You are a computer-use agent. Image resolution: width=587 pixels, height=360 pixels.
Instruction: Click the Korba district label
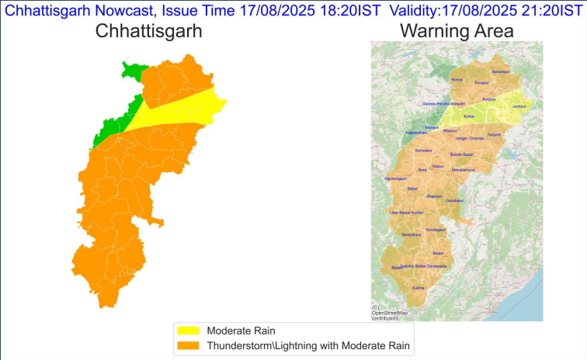468,116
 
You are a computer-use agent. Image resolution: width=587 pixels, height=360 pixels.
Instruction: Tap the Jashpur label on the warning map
519,106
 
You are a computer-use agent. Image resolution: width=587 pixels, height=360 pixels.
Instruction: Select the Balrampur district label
500,71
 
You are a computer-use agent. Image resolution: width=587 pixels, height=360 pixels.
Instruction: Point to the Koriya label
457,79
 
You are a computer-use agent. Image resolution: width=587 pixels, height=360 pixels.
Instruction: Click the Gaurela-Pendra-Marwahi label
443,103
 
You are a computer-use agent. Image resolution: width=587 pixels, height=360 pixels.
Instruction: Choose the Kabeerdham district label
416,133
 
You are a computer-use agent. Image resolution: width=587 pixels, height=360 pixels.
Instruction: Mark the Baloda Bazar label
462,154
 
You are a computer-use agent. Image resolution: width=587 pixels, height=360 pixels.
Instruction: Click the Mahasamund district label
465,170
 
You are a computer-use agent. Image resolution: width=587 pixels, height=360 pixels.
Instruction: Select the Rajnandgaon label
395,178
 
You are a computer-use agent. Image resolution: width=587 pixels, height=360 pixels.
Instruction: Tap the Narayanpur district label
412,234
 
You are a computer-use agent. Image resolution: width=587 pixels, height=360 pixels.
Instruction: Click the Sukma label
419,287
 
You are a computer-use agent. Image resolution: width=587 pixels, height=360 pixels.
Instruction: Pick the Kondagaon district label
436,230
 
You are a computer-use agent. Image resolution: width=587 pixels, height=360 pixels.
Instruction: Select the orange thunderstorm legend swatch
189,345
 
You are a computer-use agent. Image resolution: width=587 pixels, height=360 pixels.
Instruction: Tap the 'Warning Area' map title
457,31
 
